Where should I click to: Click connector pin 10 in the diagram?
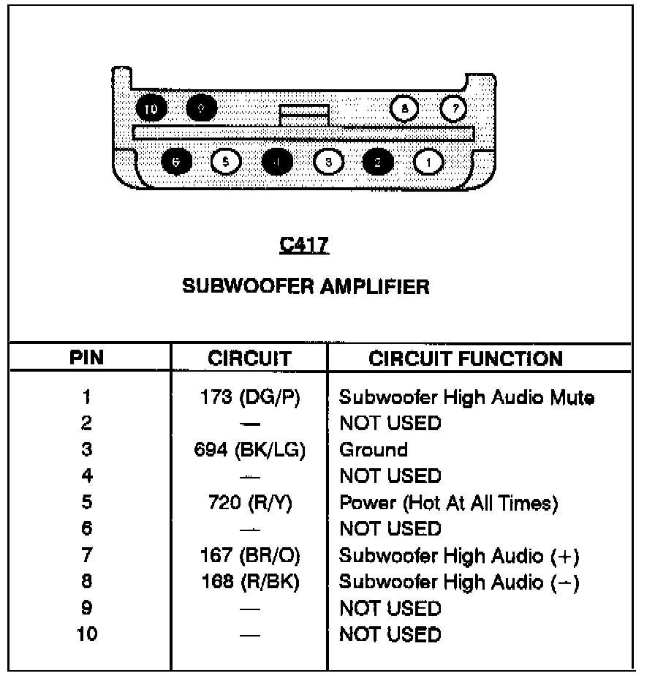[x=151, y=109]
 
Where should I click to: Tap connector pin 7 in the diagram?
[x=454, y=109]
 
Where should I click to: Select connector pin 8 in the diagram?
[x=404, y=109]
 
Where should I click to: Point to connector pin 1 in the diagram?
[x=428, y=160]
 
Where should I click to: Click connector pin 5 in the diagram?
[x=225, y=160]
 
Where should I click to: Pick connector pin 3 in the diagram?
[x=329, y=160]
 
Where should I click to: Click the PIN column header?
[x=86, y=358]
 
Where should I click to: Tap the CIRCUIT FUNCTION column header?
[x=466, y=358]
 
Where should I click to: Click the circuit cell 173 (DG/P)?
[x=249, y=398]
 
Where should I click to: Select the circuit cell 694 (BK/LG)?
[x=249, y=450]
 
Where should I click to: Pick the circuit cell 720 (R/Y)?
[x=249, y=503]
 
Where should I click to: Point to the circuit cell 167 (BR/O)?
[x=249, y=556]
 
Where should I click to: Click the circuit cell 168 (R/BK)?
[x=249, y=582]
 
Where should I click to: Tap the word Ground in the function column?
[x=373, y=450]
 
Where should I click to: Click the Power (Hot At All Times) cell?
[x=449, y=503]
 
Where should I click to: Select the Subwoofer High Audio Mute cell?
[x=466, y=398]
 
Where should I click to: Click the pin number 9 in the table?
[x=86, y=608]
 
